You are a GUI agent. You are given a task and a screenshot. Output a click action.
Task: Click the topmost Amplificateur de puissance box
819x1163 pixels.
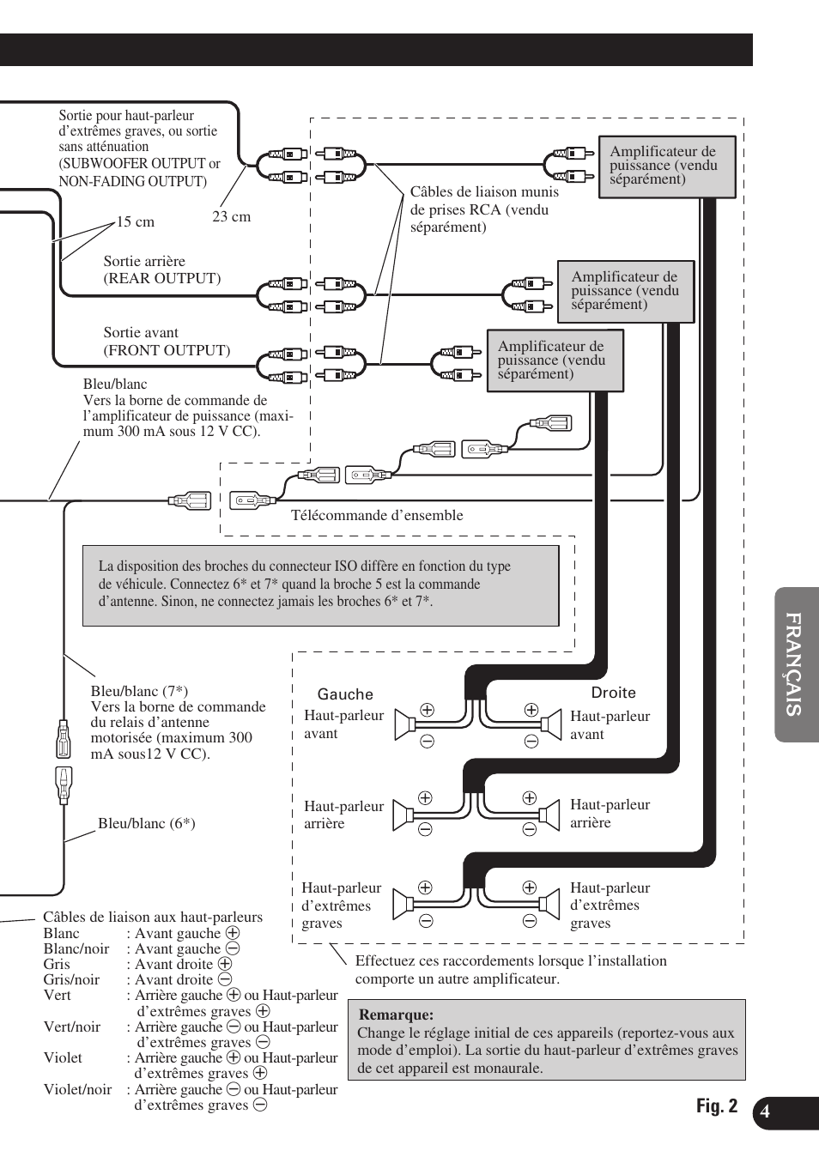click(x=667, y=167)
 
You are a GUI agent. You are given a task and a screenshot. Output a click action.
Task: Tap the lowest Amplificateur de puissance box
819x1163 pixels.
click(x=555, y=360)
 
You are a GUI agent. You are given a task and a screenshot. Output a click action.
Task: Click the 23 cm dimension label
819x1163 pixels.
click(x=232, y=217)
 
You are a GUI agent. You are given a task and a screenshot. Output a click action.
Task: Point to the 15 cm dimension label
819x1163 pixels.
click(x=136, y=222)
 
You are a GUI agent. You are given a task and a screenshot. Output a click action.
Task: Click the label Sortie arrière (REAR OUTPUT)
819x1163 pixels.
click(x=161, y=270)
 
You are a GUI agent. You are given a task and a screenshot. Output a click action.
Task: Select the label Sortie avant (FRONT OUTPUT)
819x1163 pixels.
click(x=167, y=342)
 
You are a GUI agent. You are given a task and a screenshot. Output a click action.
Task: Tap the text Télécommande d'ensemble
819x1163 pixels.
click(x=377, y=516)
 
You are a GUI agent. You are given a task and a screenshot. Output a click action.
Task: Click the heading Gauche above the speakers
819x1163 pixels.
click(x=345, y=694)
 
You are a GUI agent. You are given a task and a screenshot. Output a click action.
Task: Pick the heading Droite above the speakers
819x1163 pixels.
click(x=613, y=693)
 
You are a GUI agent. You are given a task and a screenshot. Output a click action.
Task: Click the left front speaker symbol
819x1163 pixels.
click(x=404, y=725)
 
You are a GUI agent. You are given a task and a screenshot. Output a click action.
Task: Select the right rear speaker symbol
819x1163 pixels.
click(x=549, y=814)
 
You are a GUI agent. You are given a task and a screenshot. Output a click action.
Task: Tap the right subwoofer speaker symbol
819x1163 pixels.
click(x=549, y=904)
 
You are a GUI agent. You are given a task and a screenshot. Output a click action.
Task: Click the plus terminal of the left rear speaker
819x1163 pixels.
click(x=425, y=798)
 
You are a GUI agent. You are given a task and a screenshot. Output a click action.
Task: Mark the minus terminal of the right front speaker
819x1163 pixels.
click(x=531, y=741)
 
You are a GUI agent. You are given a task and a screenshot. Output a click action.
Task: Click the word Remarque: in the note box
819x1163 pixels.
click(x=396, y=1015)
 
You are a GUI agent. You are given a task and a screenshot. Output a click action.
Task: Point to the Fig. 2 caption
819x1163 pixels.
click(x=716, y=1106)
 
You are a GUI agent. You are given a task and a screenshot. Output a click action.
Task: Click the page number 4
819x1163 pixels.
click(x=765, y=1112)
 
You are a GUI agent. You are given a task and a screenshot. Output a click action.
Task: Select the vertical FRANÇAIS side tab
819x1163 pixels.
click(x=795, y=664)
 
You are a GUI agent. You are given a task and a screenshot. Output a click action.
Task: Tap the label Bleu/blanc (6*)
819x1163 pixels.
click(x=146, y=824)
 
